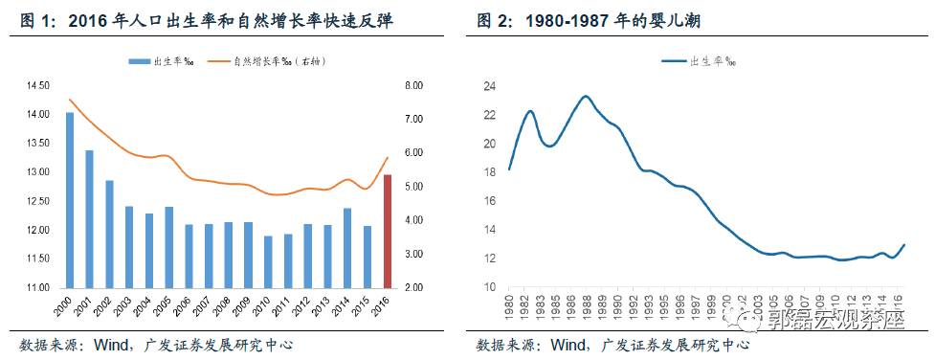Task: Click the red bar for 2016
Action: tap(388, 231)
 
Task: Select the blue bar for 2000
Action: tap(69, 200)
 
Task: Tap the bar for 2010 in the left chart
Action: tap(268, 261)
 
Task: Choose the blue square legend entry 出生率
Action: tap(152, 61)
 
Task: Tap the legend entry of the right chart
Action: tap(699, 61)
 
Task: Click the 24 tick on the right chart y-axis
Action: tap(489, 86)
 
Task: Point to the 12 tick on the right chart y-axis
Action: tap(489, 259)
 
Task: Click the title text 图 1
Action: tap(35, 20)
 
